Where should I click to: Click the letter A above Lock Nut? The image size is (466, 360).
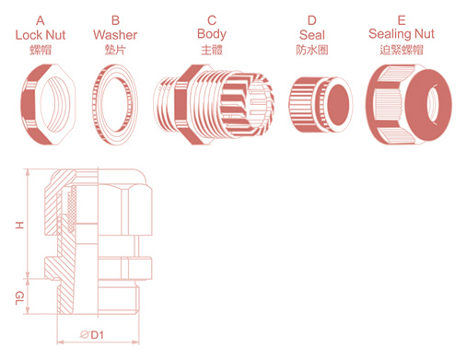41,21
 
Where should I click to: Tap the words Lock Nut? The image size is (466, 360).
41,35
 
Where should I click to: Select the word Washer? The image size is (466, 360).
115,35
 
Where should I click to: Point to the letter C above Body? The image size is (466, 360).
212,20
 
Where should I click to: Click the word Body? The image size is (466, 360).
212,34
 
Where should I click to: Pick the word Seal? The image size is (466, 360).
312,35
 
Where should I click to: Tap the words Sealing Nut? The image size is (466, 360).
402,34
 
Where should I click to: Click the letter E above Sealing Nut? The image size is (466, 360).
402,20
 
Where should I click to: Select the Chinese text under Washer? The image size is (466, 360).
115,50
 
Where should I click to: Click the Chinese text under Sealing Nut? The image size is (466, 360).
402,50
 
